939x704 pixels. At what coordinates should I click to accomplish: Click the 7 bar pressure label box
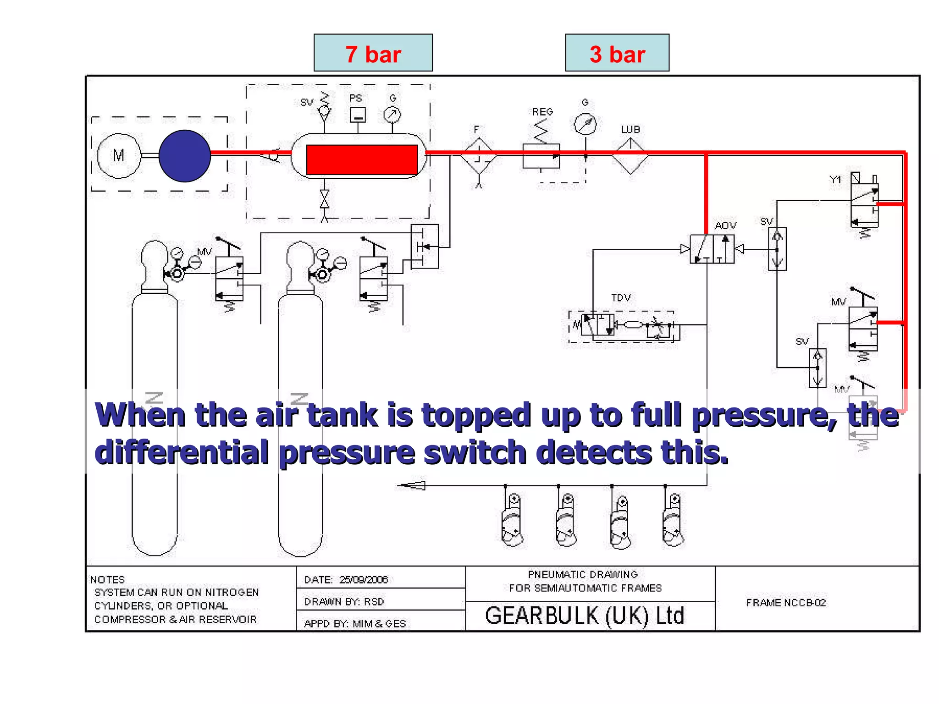373,53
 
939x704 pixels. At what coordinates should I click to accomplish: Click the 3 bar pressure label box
617,53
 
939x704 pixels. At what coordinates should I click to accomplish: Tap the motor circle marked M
119,156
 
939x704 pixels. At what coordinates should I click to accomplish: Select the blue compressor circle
185,156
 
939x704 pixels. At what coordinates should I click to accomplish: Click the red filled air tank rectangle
362,159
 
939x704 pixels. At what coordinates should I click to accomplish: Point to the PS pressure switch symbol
358,115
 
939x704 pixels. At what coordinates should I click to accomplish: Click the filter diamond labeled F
479,156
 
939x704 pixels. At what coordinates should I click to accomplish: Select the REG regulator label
542,112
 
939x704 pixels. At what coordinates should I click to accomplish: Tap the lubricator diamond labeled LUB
630,156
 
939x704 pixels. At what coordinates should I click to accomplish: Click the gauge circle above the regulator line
585,124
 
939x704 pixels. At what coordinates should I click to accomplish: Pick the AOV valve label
725,225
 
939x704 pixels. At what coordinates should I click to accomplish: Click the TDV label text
621,297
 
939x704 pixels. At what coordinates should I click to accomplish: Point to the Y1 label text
835,180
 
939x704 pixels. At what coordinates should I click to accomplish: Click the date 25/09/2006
364,580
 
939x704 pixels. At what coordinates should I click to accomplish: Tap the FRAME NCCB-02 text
786,603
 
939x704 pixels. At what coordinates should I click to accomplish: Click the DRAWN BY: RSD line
344,602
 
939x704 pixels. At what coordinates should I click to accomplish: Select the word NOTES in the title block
108,580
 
